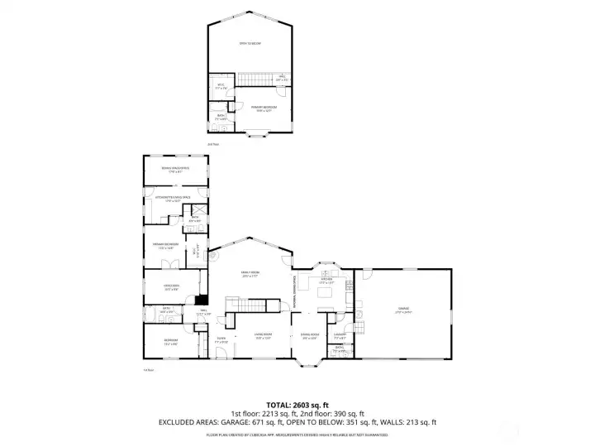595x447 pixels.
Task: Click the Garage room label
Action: click(x=402, y=310)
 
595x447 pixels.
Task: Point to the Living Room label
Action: click(x=264, y=335)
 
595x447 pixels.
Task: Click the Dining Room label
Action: click(x=309, y=335)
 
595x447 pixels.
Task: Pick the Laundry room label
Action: click(x=340, y=335)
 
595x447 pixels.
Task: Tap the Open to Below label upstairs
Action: click(x=250, y=43)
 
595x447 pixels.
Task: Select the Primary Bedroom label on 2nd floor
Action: click(x=264, y=108)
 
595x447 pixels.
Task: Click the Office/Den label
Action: click(x=172, y=288)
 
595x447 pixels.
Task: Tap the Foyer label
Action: click(x=221, y=339)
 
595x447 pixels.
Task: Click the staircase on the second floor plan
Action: click(x=255, y=79)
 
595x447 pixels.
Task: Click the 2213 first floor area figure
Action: click(x=274, y=412)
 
